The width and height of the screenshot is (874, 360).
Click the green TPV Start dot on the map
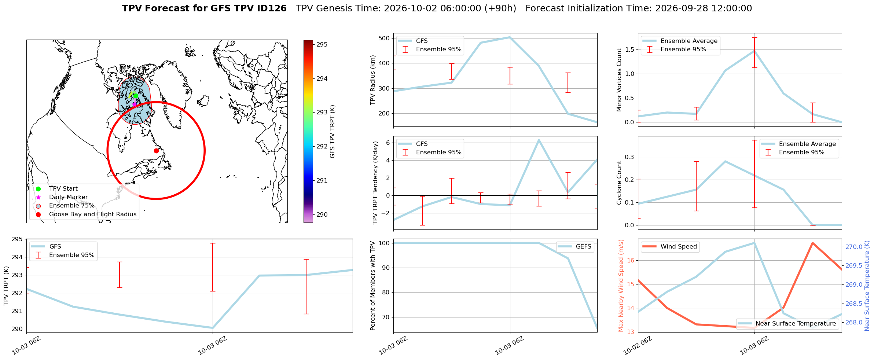coord(136,96)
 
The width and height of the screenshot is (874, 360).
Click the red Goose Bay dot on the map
coord(156,151)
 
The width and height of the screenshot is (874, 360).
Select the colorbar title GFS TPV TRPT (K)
coord(333,132)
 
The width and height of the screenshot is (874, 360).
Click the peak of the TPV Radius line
coord(510,37)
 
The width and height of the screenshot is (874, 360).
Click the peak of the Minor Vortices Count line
coord(754,51)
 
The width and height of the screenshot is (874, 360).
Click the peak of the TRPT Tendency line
coord(539,140)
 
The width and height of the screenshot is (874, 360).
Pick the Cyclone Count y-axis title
coord(619,183)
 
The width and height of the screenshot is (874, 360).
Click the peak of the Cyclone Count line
coord(725,161)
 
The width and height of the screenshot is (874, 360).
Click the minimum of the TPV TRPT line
coord(213,328)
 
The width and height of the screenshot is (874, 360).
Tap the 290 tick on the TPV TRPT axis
coord(18,329)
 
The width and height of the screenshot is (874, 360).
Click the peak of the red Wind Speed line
coord(812,243)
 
